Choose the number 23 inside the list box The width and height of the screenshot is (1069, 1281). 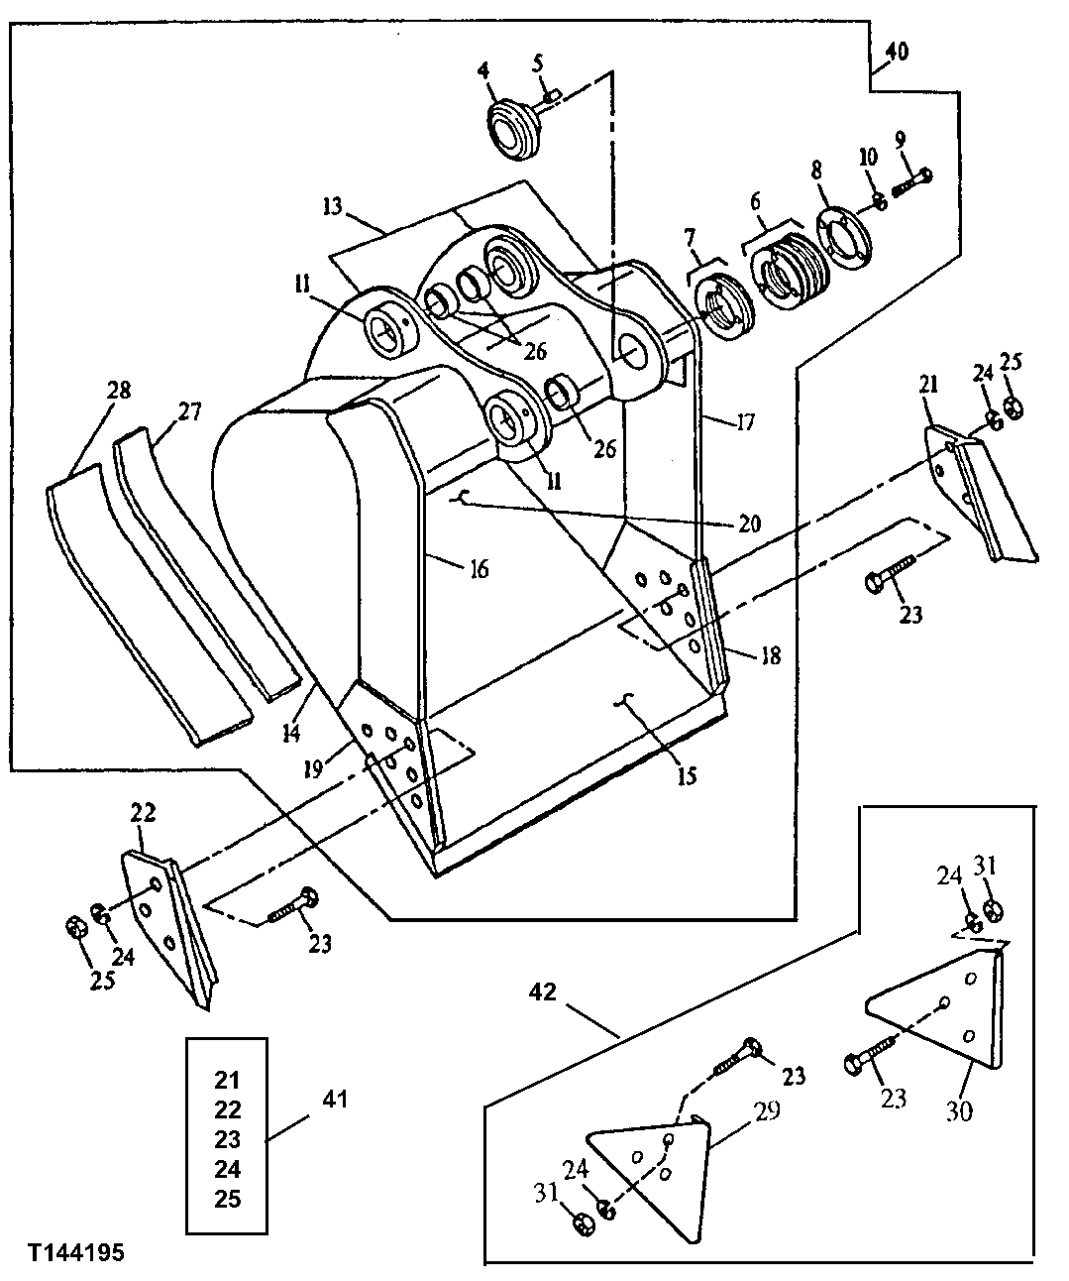tap(228, 1139)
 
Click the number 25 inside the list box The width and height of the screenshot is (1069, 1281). tap(228, 1199)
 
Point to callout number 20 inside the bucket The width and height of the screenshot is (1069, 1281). tap(749, 523)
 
